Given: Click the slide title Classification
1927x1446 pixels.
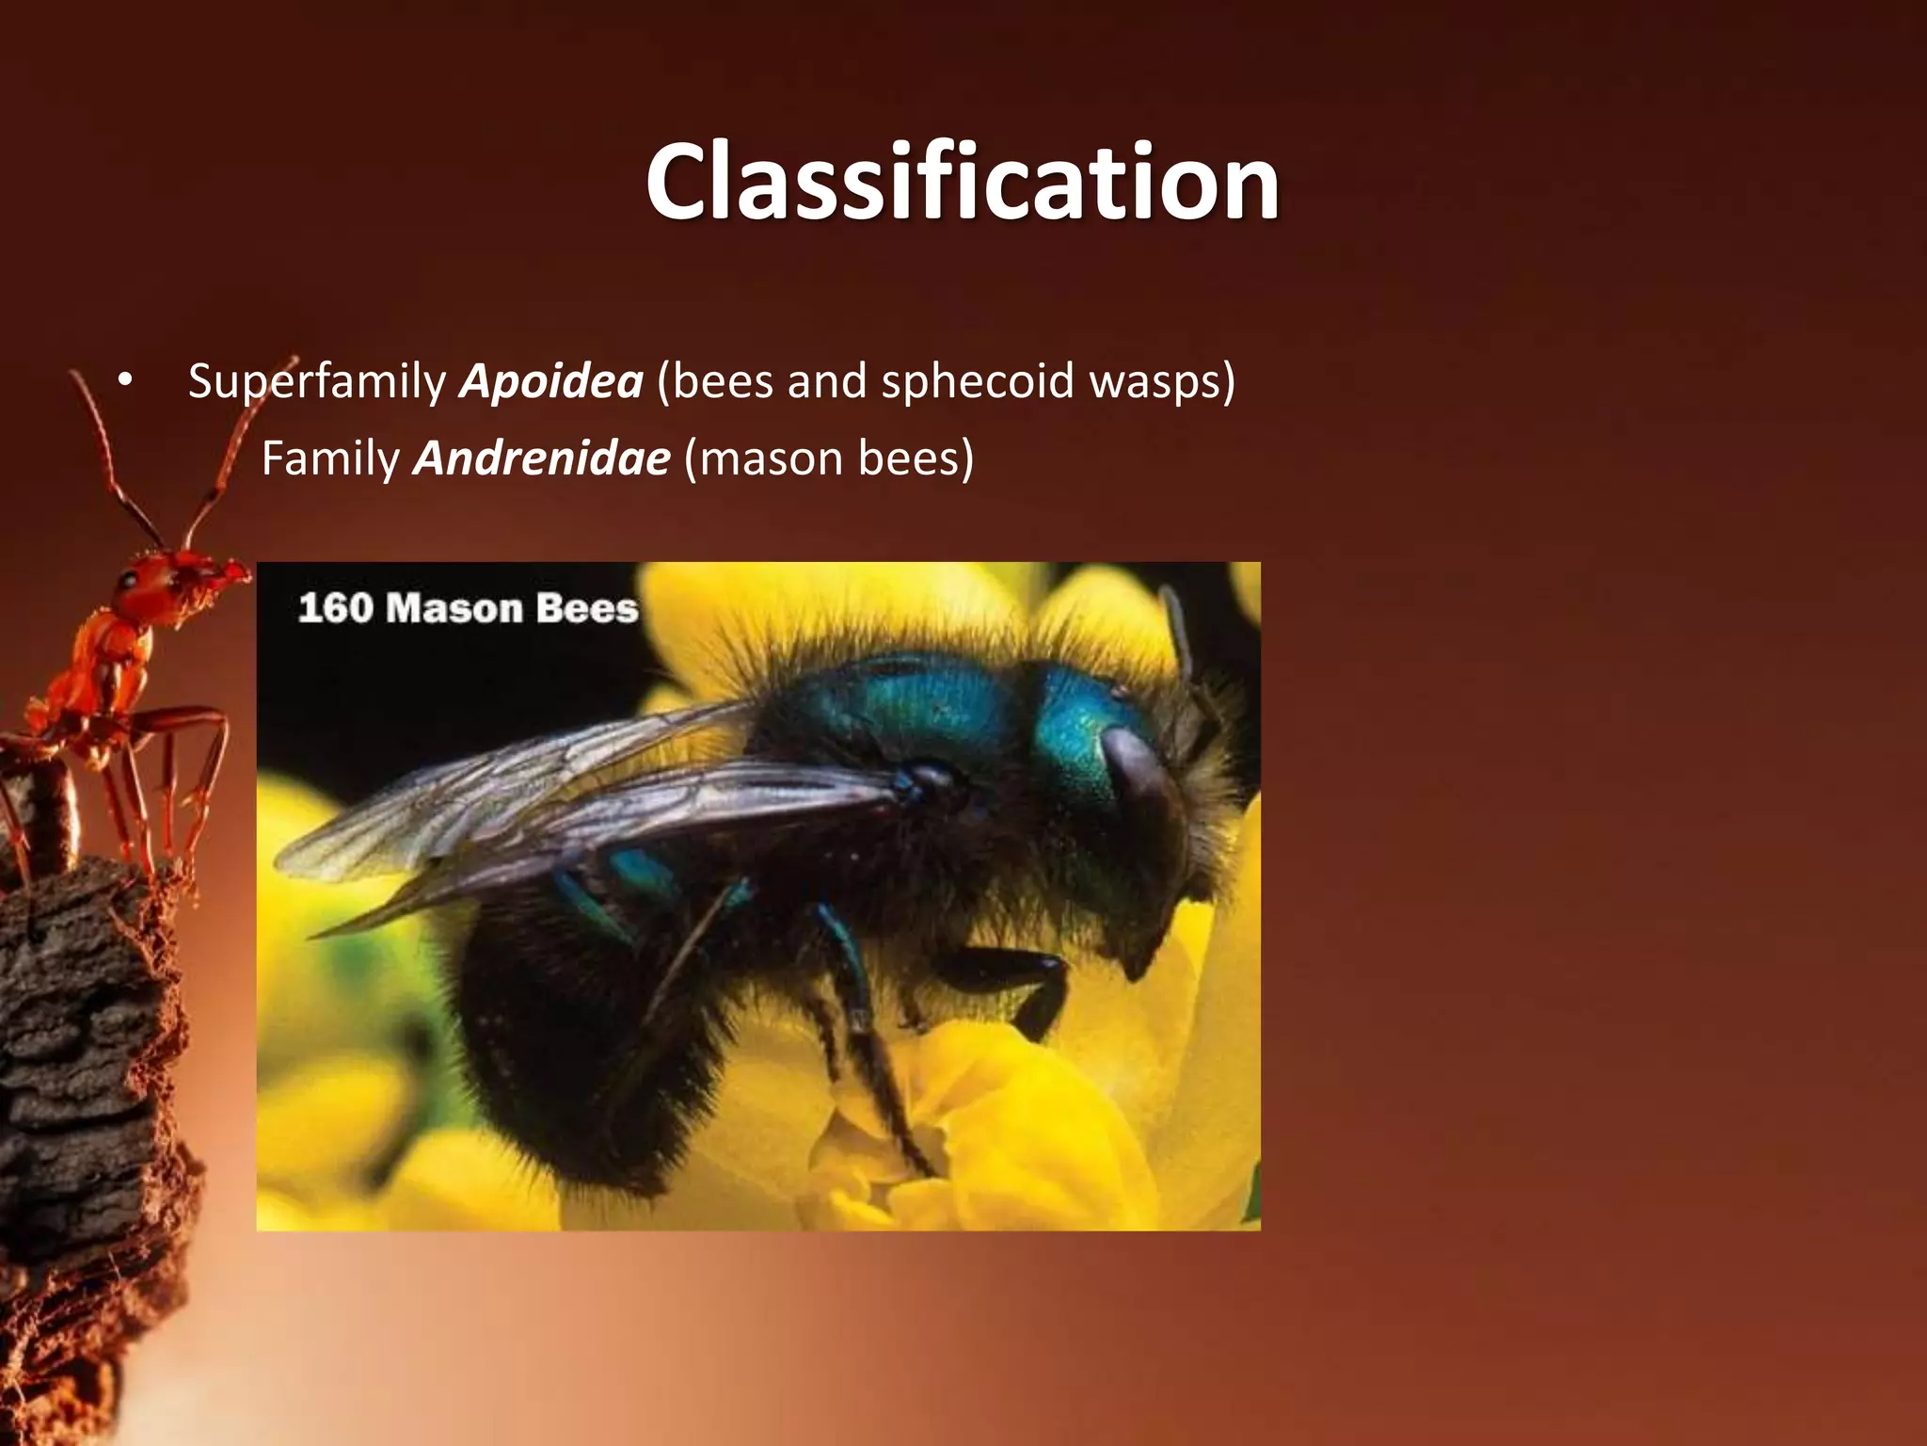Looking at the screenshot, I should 962,181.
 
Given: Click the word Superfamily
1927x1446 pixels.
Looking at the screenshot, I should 316,382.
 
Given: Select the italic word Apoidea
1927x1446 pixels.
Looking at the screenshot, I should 551,382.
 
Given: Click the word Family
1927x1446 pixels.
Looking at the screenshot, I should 330,459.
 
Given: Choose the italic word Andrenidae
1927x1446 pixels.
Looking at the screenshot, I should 542,459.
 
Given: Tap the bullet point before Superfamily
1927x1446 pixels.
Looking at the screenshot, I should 125,382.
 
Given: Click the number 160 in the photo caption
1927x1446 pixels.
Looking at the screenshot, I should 335,608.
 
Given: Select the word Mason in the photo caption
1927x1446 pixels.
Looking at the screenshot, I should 454,608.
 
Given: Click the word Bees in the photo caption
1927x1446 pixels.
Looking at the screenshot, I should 587,608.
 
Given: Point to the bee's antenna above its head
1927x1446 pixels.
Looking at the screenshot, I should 1180,631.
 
